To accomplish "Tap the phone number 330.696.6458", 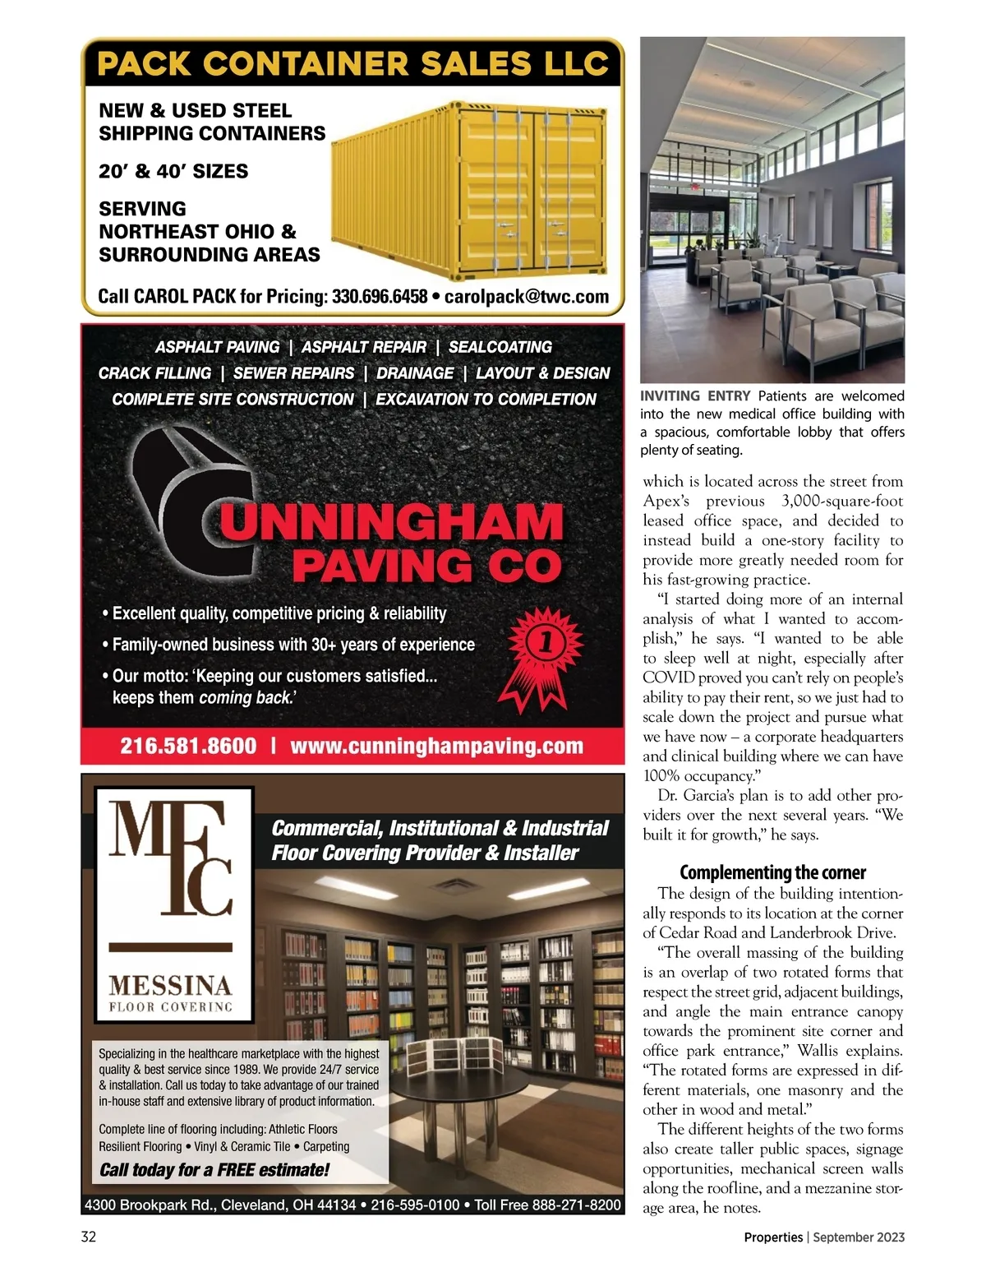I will click(x=380, y=297).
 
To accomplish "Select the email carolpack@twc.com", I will click(x=527, y=297).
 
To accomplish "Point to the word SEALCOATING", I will click(x=500, y=348).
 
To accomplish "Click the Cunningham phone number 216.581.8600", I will click(x=188, y=747).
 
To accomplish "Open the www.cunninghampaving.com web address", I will click(x=436, y=747).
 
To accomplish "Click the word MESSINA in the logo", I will click(x=171, y=985).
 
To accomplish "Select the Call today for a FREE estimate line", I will click(x=214, y=1170).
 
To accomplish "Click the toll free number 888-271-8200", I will click(x=576, y=1205).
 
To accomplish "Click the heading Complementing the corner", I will click(x=772, y=872).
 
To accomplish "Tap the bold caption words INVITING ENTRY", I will click(x=695, y=396).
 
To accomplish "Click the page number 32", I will click(x=89, y=1237).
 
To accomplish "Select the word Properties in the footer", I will click(x=773, y=1237).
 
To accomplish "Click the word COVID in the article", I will click(x=669, y=677).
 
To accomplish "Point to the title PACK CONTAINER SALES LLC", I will click(x=352, y=64).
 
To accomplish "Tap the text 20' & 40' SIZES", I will click(x=173, y=172).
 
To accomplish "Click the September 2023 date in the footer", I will click(x=859, y=1237).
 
